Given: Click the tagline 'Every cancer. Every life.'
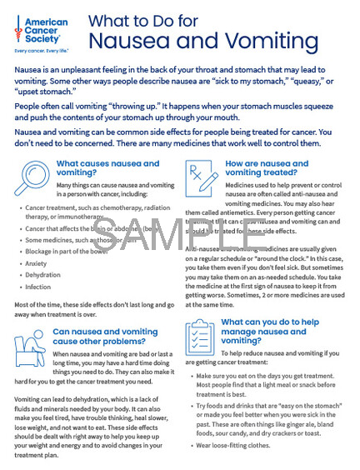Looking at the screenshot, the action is (x=42, y=52).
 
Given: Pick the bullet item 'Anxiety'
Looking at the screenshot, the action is (x=37, y=262).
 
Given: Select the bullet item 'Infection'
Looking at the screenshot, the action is (x=39, y=287).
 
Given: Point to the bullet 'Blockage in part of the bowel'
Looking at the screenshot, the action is (x=67, y=251).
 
